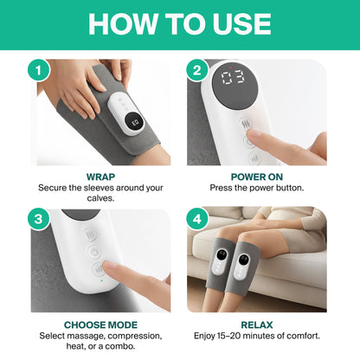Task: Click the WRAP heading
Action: click(100, 176)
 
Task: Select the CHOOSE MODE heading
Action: click(100, 325)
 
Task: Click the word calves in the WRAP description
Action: click(100, 198)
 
